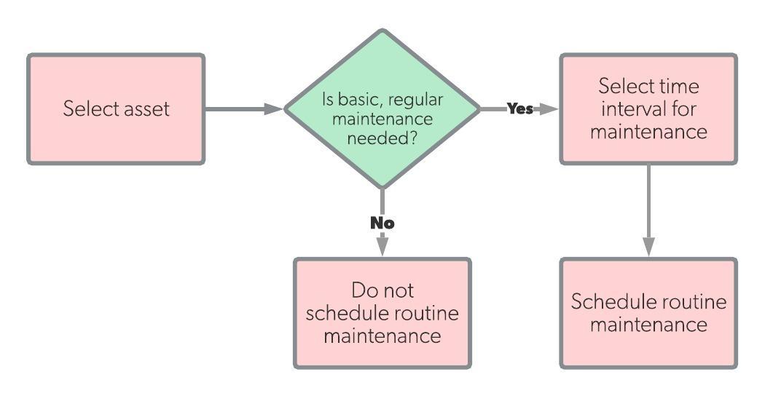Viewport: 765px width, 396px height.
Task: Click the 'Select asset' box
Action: (116, 109)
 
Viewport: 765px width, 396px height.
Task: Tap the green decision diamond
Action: (382, 109)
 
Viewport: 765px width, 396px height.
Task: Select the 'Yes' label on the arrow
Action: (519, 109)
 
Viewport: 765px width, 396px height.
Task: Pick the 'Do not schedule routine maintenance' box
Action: (382, 312)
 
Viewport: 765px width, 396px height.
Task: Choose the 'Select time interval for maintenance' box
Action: (648, 109)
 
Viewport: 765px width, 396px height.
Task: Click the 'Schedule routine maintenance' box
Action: (648, 312)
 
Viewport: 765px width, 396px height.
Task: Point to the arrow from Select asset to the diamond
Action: (240, 109)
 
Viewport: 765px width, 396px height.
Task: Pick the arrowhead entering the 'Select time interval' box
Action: (549, 109)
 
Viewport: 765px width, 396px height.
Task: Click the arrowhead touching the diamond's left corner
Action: (275, 109)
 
